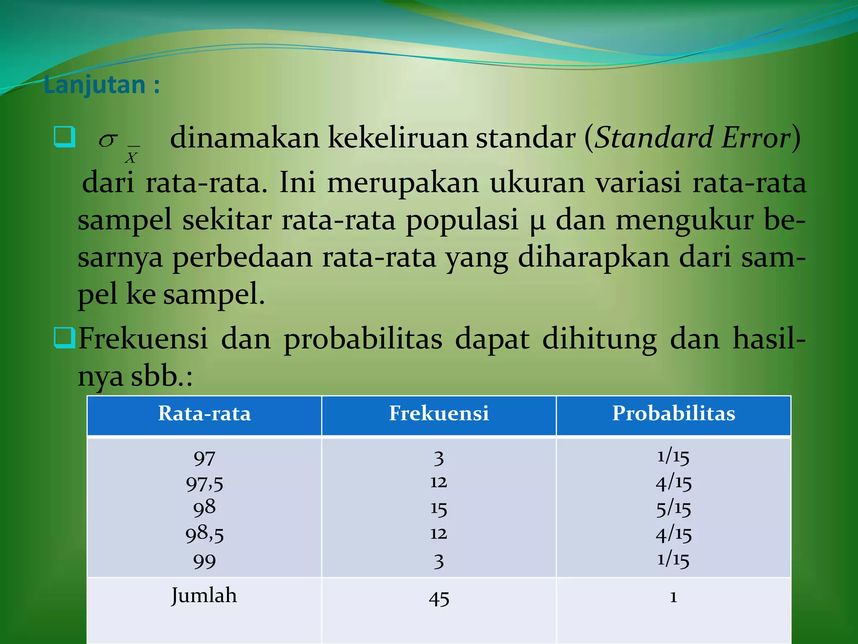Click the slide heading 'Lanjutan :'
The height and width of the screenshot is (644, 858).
(x=101, y=85)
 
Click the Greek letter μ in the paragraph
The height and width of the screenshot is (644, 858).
(x=537, y=221)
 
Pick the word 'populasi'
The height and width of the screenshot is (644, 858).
(x=462, y=221)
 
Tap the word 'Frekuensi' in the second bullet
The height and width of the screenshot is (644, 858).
(x=143, y=339)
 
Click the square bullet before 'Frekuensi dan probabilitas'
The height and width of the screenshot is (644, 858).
(x=65, y=338)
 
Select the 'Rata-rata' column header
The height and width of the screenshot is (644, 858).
(x=204, y=413)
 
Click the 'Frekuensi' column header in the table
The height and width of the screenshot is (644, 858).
(x=439, y=413)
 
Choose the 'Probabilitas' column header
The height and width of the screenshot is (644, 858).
(x=674, y=413)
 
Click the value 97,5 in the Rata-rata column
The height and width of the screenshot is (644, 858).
(x=204, y=483)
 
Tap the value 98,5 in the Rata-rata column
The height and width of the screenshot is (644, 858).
(x=204, y=534)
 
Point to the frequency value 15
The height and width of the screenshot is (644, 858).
(x=439, y=509)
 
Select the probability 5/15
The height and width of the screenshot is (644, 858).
(x=674, y=509)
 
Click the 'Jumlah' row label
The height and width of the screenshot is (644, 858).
(x=204, y=596)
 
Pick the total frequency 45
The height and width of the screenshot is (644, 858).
(x=439, y=598)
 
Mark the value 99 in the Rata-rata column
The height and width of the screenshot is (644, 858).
(x=204, y=561)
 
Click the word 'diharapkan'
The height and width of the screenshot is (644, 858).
(x=594, y=257)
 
